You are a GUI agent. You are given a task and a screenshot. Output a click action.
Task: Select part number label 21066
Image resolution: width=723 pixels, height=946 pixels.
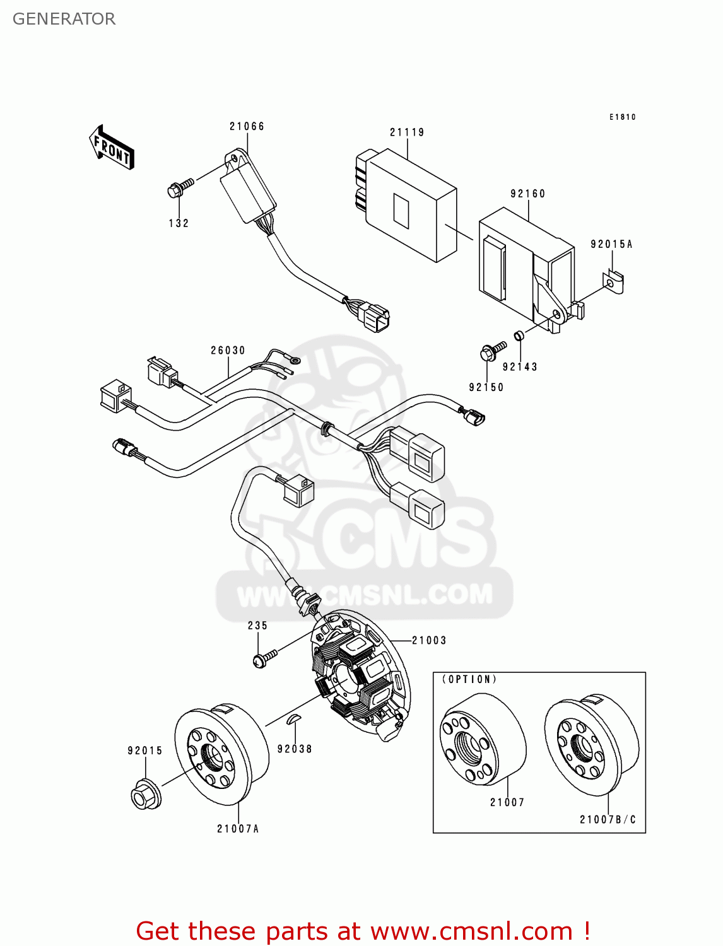pos(247,126)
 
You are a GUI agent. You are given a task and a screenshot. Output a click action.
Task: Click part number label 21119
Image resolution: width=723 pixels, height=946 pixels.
pos(407,132)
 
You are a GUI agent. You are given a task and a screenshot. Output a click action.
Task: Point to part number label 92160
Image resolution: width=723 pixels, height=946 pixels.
pos(528,194)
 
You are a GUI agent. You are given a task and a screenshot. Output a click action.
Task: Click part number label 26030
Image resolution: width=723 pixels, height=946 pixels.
pos(228,351)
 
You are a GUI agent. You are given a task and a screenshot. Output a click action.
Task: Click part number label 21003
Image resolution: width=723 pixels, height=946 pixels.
pos(429,641)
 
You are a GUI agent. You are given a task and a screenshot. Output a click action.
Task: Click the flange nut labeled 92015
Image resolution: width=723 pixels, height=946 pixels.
pos(145,795)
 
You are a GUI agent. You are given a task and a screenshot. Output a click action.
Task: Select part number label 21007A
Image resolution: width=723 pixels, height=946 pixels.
pos(238,829)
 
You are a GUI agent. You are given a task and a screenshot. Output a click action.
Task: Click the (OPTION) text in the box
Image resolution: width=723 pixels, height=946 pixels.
pos(469,679)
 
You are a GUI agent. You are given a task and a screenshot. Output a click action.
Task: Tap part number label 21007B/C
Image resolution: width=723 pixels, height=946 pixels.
pos(608,819)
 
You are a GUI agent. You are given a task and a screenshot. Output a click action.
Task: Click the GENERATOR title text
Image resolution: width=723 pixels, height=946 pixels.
pos(64,19)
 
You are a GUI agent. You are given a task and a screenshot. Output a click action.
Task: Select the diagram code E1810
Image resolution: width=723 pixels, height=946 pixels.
pos(622,117)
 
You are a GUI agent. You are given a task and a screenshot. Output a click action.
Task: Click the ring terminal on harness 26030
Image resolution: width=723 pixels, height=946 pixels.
pos(293,361)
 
